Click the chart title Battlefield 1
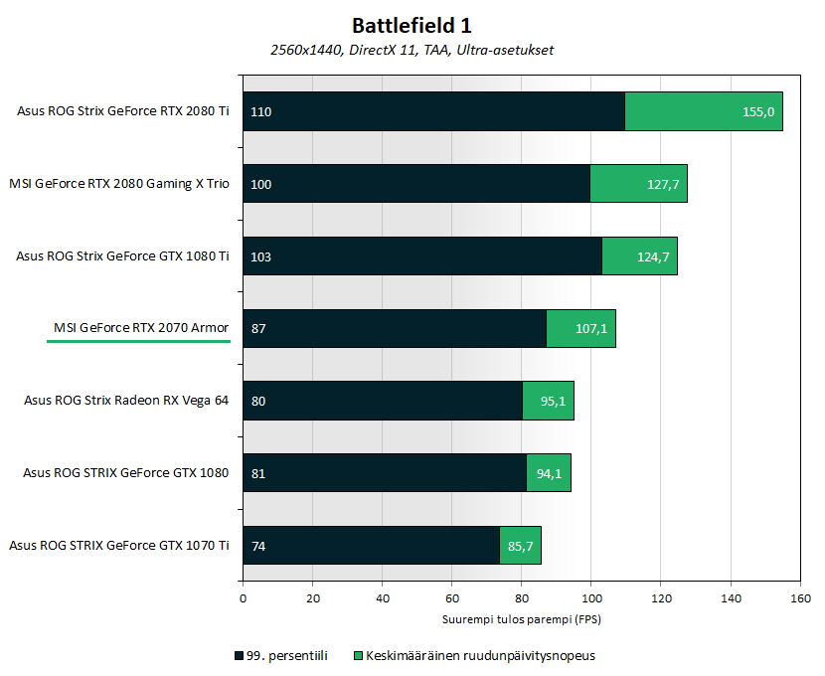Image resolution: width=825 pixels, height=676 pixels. [x=412, y=24]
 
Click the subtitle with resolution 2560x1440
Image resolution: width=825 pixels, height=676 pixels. [x=412, y=50]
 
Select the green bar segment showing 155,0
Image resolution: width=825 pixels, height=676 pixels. [x=704, y=111]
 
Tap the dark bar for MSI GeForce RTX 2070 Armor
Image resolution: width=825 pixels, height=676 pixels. [x=395, y=328]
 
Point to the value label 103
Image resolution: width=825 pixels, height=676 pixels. [x=261, y=256]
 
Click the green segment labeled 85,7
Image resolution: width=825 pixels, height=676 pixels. [x=521, y=546]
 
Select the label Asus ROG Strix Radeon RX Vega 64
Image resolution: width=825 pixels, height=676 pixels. [x=126, y=401]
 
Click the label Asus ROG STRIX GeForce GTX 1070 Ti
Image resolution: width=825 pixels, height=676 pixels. [x=119, y=545]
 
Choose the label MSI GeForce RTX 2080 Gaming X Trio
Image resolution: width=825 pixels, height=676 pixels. [x=119, y=184]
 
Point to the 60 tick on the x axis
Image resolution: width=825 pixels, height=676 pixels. [x=451, y=598]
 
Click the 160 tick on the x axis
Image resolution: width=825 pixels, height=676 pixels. [x=800, y=598]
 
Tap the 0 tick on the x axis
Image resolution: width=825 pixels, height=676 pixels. [x=244, y=598]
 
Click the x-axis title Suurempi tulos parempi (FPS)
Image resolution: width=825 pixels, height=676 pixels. [x=522, y=619]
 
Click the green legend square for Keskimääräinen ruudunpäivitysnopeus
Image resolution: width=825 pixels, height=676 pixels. [x=358, y=656]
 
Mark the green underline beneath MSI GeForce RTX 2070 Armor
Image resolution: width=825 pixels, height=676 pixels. [x=138, y=341]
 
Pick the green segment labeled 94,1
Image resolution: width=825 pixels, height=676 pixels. [x=549, y=473]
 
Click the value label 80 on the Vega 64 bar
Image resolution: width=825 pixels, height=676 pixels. [x=258, y=401]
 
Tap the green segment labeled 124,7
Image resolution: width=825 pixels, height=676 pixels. [x=639, y=256]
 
